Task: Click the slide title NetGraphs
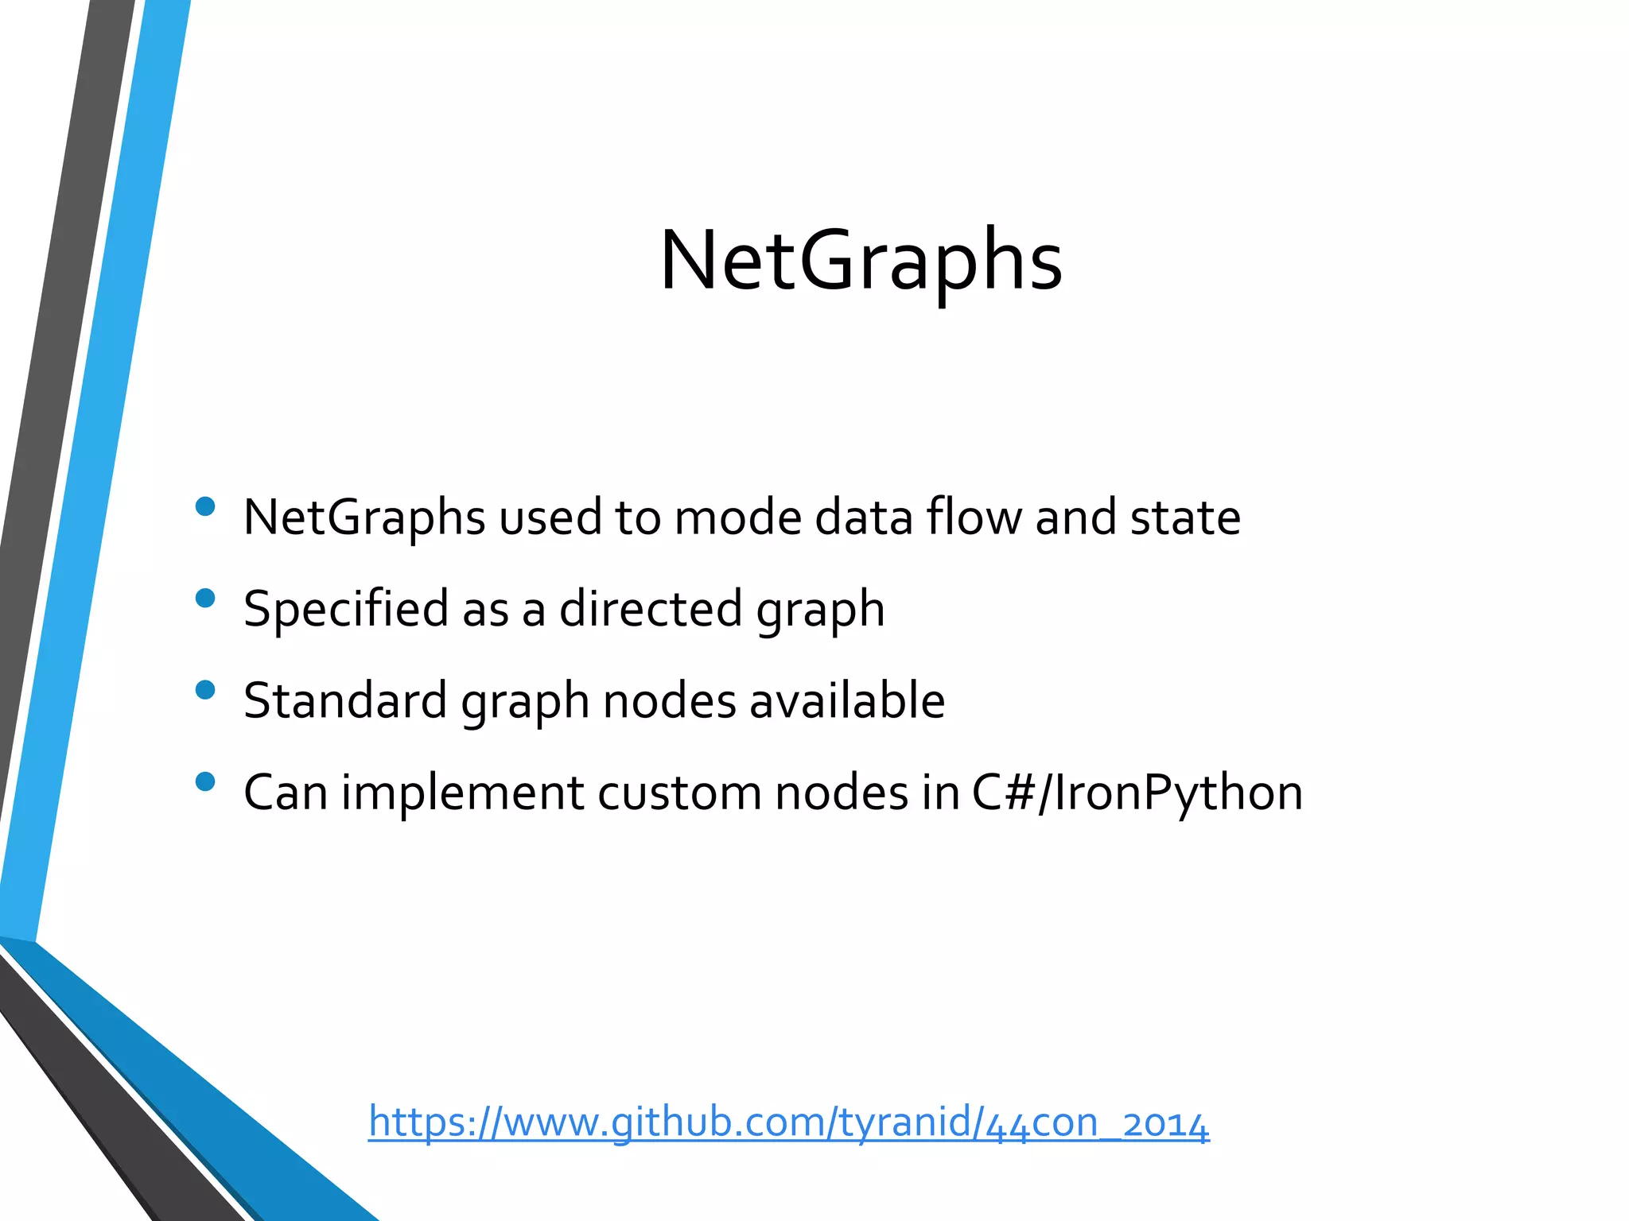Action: (861, 261)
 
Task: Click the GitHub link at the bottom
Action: (788, 1122)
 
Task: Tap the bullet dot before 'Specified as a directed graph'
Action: (205, 598)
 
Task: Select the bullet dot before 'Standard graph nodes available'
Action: (205, 689)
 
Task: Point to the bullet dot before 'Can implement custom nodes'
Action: (205, 781)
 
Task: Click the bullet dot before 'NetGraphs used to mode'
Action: (205, 506)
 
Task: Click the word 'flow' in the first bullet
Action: (974, 517)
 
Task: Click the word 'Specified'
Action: (346, 609)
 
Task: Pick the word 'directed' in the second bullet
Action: (651, 609)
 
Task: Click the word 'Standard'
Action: (345, 700)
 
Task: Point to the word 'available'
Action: (847, 700)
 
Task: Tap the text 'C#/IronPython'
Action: (1137, 793)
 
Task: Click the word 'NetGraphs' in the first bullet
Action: (364, 517)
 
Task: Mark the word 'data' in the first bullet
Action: (864, 517)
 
